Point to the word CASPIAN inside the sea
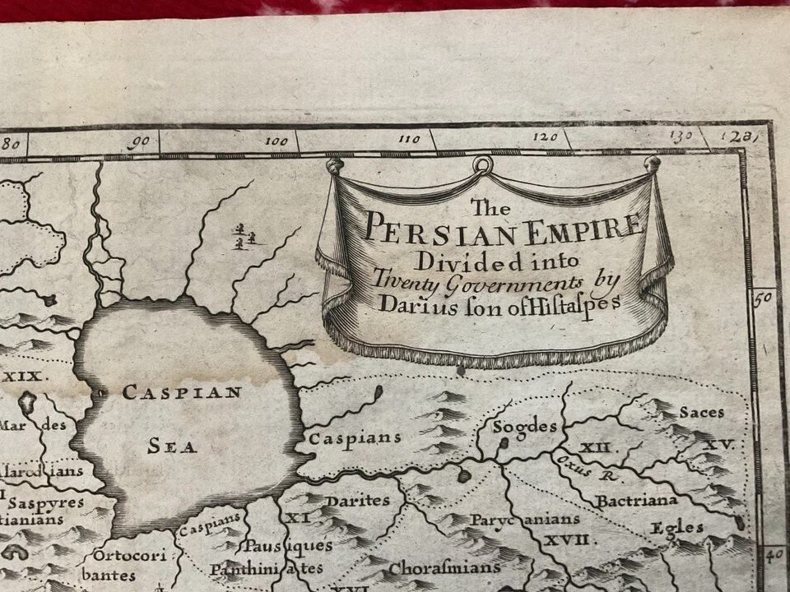click(x=182, y=392)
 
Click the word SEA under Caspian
click(x=172, y=447)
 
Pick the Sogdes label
click(x=524, y=427)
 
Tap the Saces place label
click(x=702, y=412)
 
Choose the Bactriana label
click(x=636, y=500)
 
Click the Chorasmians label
click(x=444, y=568)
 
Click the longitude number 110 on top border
click(x=408, y=139)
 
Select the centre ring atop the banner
click(x=482, y=166)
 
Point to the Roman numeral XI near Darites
click(x=296, y=517)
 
